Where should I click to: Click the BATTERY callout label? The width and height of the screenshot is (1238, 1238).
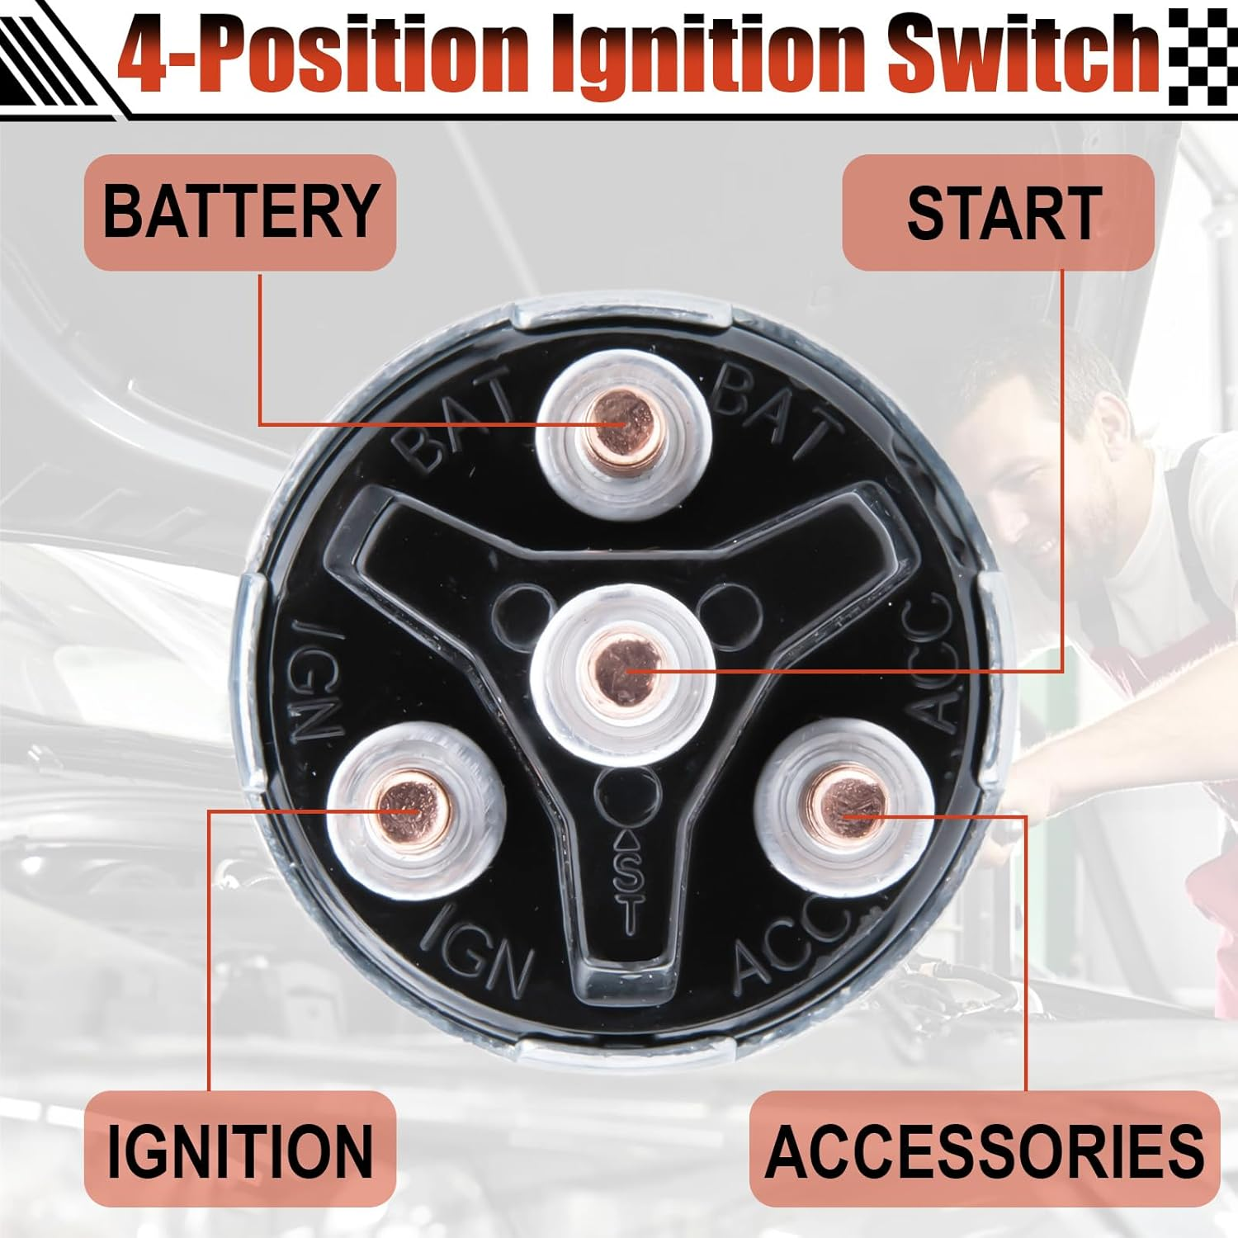(x=240, y=212)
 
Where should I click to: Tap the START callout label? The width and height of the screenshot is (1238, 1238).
(x=999, y=212)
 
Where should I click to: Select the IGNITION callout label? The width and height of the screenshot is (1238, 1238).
(x=240, y=1149)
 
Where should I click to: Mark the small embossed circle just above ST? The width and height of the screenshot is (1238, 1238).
(x=629, y=796)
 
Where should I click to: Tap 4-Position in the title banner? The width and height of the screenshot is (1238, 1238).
(x=322, y=54)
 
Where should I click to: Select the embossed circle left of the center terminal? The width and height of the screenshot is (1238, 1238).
(x=524, y=612)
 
